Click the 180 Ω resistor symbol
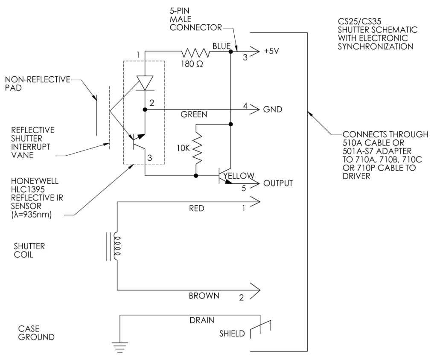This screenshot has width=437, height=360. click(195, 53)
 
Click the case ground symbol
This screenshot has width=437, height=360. click(121, 348)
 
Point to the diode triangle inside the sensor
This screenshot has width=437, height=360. click(145, 84)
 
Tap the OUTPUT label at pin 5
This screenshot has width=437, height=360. click(278, 183)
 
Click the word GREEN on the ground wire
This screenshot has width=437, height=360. click(194, 115)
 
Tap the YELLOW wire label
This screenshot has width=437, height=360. click(239, 175)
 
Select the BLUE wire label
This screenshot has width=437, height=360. click(221, 46)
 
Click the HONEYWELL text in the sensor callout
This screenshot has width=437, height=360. click(30, 181)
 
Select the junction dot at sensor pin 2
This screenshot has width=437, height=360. click(145, 109)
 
